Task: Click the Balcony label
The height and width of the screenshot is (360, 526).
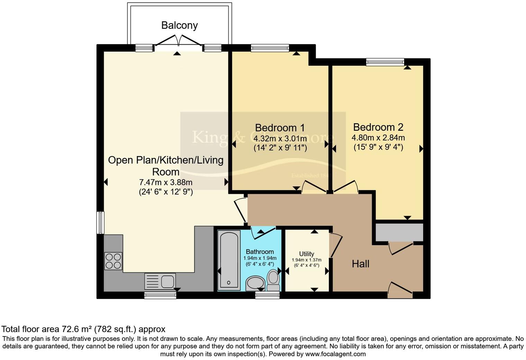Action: click(179, 25)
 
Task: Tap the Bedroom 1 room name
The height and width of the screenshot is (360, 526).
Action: click(280, 128)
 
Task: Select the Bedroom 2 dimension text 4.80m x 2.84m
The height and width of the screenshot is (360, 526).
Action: click(378, 138)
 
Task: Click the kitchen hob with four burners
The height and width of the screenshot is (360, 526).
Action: click(113, 261)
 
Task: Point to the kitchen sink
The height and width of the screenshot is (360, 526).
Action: click(160, 281)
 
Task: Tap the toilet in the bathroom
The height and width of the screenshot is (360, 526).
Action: click(273, 280)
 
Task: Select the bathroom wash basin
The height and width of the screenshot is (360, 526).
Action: click(255, 283)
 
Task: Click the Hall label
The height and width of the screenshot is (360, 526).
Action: click(360, 264)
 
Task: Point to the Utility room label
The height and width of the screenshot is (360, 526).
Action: click(306, 254)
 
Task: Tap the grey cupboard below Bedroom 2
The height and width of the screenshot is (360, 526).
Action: click(399, 232)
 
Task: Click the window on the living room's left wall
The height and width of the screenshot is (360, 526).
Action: click(100, 222)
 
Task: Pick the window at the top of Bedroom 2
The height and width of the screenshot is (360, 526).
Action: click(385, 62)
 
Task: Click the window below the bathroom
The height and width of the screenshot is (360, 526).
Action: click(267, 295)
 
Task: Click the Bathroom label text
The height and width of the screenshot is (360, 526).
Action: click(260, 252)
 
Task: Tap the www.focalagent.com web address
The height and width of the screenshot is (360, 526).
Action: click(335, 354)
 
